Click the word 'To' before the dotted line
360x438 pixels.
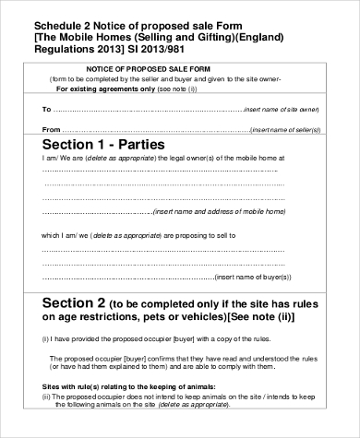click(x=47, y=109)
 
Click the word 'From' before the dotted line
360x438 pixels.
click(x=52, y=130)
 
